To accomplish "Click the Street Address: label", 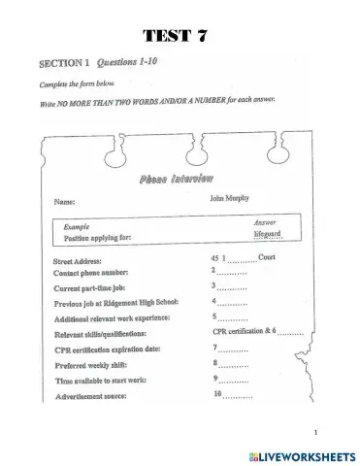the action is coord(85,261).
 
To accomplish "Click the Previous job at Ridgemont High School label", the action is coord(122,304).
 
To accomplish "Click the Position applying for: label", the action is coord(102,237).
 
